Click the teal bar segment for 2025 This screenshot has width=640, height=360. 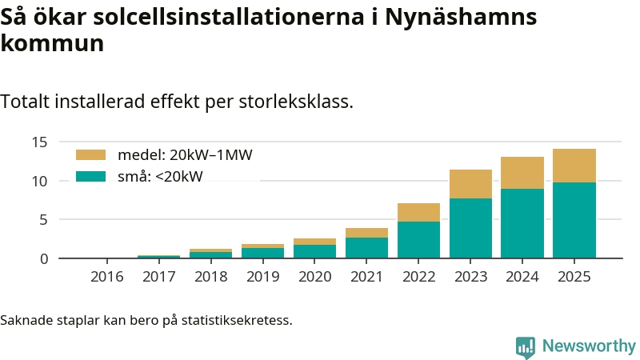574,220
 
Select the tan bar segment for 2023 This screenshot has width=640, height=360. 470,184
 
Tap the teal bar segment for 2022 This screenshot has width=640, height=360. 418,239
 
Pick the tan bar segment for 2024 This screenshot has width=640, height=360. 522,173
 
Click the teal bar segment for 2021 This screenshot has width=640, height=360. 366,247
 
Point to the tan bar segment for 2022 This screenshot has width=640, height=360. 418,212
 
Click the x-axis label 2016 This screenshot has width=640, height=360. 107,277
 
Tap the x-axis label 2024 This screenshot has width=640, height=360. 522,277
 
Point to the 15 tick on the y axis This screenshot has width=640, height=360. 41,142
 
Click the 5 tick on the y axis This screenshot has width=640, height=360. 45,220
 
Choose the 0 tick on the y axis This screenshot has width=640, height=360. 45,258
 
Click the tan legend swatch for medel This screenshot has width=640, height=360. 90,155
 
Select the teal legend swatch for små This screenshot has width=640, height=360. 90,176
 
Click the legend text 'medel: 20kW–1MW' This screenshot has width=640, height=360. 185,155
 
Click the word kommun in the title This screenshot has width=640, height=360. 53,43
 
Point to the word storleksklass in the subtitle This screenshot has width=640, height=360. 301,102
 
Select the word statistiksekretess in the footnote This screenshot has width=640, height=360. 236,321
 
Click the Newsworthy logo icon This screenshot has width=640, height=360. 526,346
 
